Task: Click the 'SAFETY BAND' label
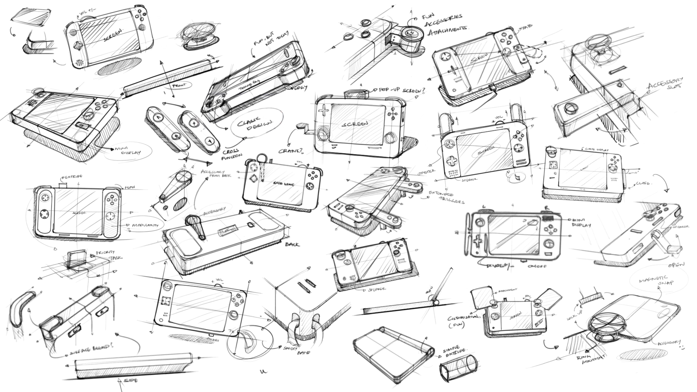295,350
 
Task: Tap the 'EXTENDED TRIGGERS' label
446,197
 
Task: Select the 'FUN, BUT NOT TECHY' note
271,39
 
